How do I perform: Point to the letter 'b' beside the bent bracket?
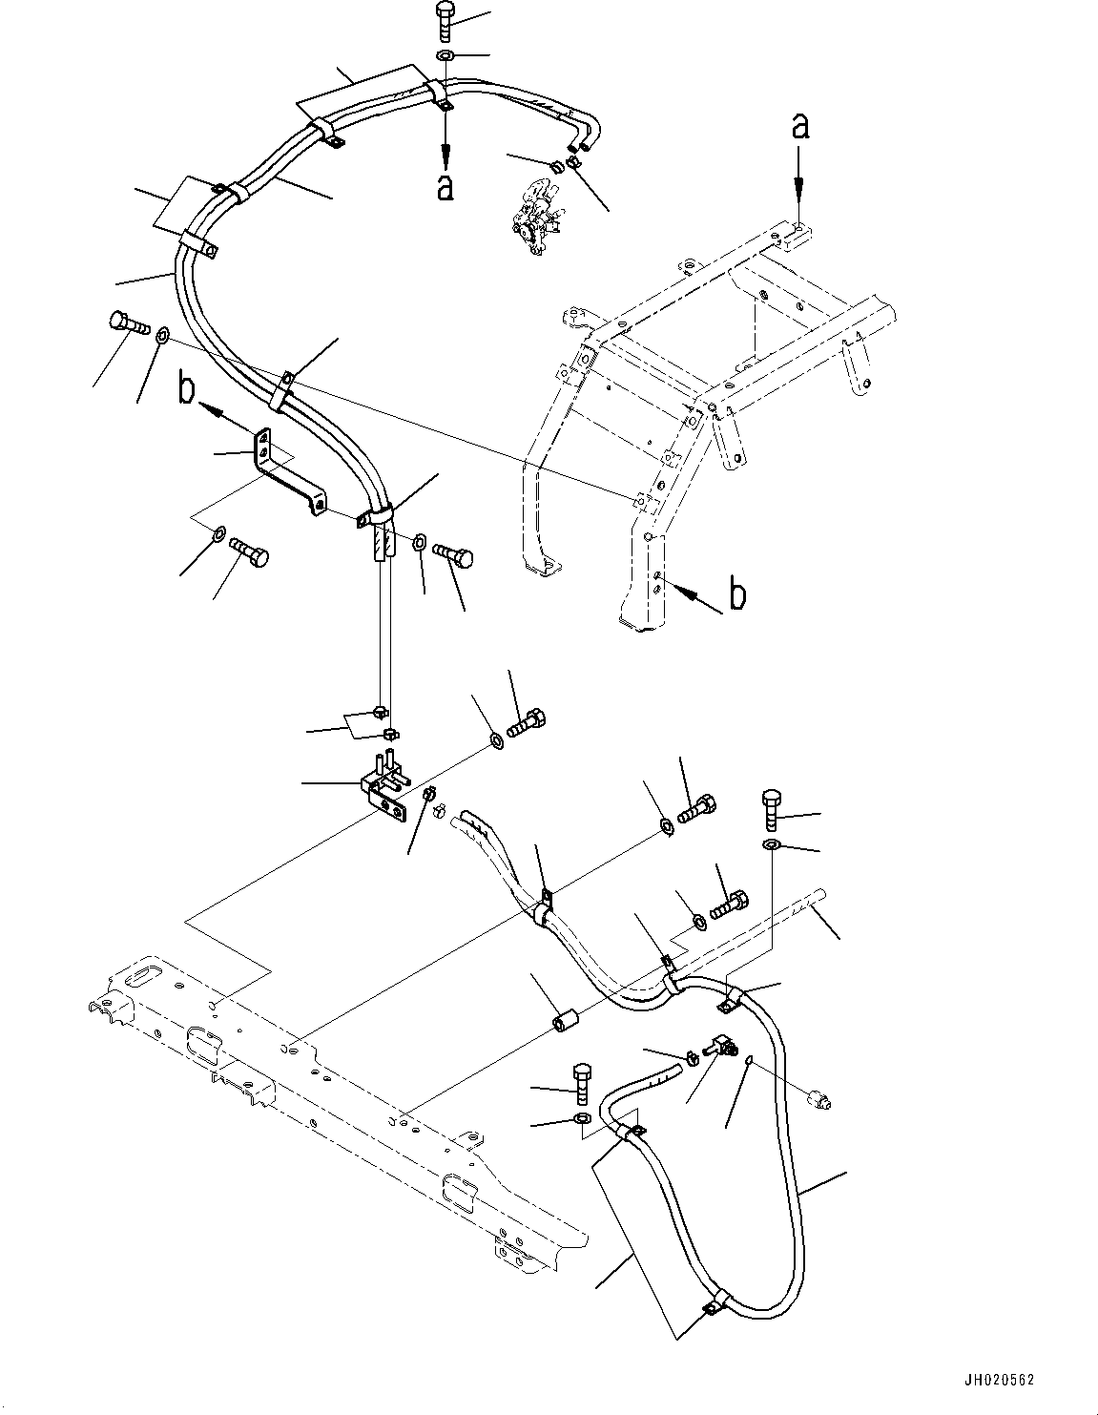[x=188, y=391]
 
